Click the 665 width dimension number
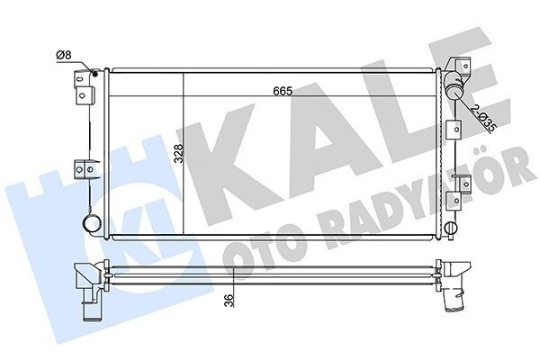click(283, 91)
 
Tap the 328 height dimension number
click(179, 154)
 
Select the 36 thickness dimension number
click(229, 301)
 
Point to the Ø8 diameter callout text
click(63, 55)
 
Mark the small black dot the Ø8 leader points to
click(95, 74)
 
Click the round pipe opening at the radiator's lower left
click(91, 223)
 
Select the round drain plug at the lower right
click(451, 228)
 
